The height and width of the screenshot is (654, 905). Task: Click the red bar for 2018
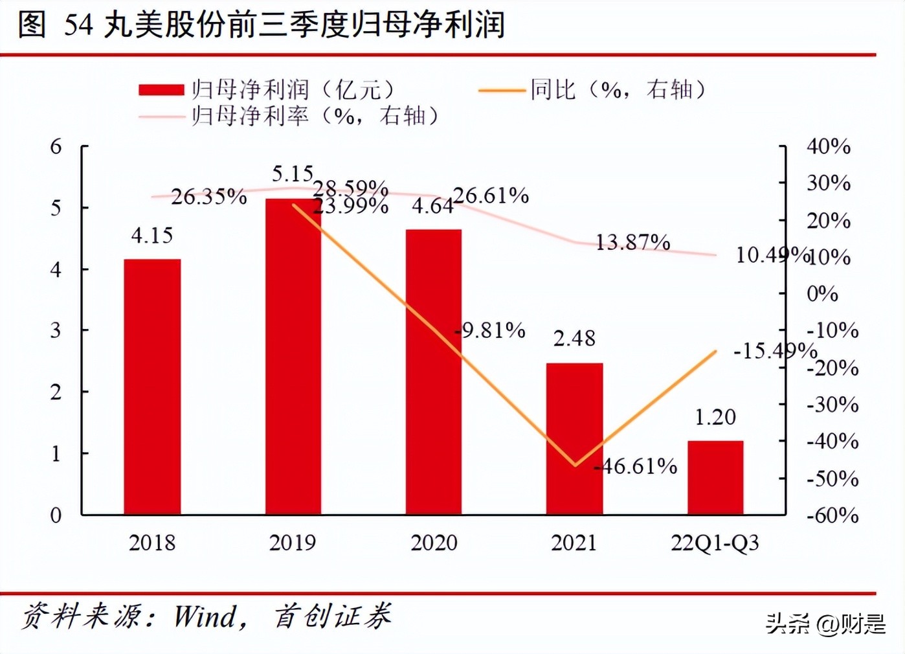click(152, 387)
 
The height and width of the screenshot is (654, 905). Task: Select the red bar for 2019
click(293, 357)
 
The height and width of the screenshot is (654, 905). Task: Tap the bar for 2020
click(434, 372)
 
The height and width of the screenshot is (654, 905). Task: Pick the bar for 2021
click(574, 438)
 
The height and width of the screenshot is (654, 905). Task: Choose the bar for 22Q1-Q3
click(715, 478)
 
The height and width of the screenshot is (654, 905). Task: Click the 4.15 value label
click(152, 236)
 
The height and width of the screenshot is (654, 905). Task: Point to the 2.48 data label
click(574, 339)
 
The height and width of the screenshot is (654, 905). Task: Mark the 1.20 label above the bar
click(715, 418)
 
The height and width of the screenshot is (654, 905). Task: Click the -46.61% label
click(638, 466)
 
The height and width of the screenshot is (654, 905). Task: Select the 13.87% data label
click(632, 243)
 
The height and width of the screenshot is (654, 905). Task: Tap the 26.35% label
click(208, 197)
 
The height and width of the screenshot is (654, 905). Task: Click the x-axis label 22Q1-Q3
click(715, 543)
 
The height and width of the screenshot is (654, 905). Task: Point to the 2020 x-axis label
click(434, 543)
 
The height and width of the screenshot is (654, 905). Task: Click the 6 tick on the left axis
click(56, 147)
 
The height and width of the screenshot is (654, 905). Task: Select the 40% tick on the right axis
click(828, 147)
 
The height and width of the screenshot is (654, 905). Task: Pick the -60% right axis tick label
click(832, 515)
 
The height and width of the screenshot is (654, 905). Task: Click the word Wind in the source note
click(206, 616)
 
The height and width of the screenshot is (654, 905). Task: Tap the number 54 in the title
click(78, 25)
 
